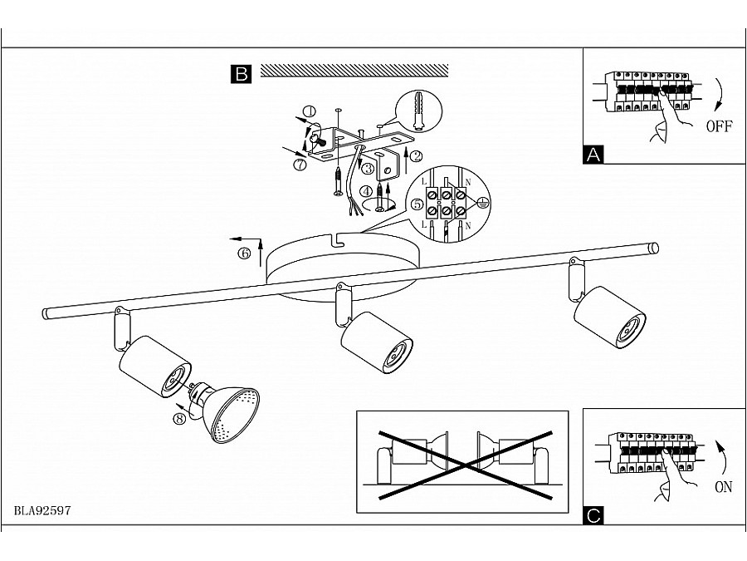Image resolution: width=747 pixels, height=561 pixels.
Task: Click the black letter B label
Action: pos(241,74)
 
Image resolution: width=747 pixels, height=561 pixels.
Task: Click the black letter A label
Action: pos(593,155)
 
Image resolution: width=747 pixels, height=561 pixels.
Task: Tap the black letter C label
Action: pos(593,515)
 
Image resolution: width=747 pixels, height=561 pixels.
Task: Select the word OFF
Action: pos(719,126)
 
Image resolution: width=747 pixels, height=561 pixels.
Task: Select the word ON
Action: pos(723,487)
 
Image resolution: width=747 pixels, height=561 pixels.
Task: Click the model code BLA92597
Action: pos(42,510)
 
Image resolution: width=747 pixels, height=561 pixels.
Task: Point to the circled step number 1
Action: pos(310,112)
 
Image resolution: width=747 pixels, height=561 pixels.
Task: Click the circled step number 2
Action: pos(416,155)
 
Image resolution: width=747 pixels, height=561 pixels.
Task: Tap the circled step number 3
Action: pos(368,169)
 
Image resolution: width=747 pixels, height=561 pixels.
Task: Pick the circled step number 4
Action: pos(366,192)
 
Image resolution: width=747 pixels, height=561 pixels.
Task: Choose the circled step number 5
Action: pos(417,204)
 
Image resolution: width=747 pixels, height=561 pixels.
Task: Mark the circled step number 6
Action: pos(244,253)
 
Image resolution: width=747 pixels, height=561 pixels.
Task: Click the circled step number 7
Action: pos(300,165)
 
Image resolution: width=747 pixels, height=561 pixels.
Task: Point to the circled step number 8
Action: pos(179,418)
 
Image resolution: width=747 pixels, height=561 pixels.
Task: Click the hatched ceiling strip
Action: pos(354,70)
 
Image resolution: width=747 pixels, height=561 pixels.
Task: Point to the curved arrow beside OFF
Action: pos(720,93)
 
